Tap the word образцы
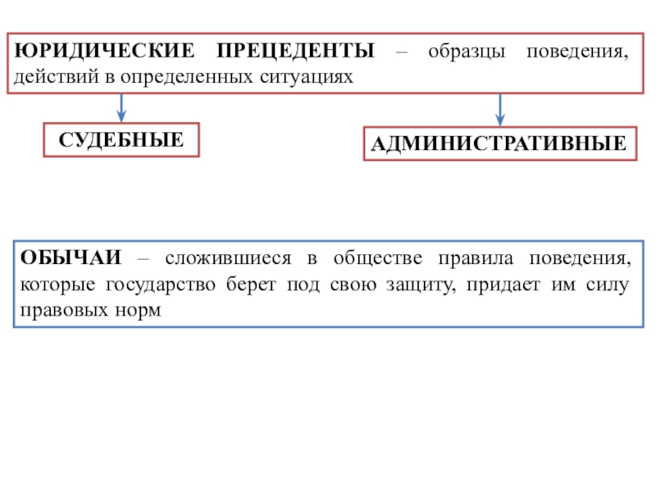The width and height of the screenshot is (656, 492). [x=458, y=52]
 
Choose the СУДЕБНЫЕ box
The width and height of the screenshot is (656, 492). [x=121, y=140]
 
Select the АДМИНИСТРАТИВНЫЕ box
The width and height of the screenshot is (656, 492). [x=499, y=144]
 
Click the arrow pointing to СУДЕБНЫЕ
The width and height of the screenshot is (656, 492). [x=121, y=107]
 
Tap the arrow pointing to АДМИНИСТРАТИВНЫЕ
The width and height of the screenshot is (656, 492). [x=500, y=109]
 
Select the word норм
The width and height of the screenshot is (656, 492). [x=137, y=312]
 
